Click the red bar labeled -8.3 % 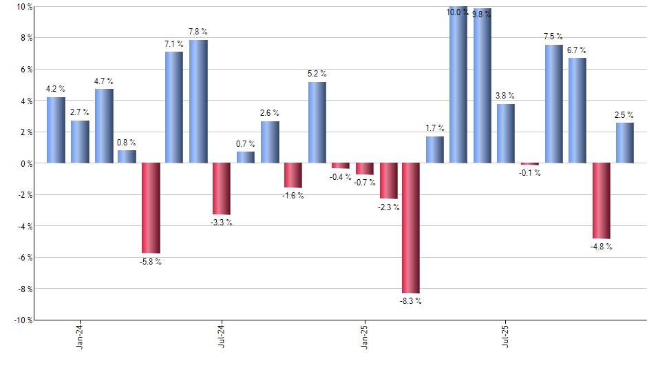pos(411,227)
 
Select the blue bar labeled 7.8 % pos(198,101)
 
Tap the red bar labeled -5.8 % pos(151,207)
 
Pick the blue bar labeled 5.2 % pos(317,122)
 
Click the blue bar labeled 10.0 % pos(458,85)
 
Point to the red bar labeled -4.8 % pos(601,201)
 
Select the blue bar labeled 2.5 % pos(625,143)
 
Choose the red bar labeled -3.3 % pos(222,188)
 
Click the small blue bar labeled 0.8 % pos(127,156)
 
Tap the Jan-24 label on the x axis pos(80,334)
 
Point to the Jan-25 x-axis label pos(364,334)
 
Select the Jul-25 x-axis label pos(507,334)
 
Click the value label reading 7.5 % pos(553,37)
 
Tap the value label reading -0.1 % pos(530,173)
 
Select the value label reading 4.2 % pos(56,89)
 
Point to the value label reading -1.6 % pos(293,196)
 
